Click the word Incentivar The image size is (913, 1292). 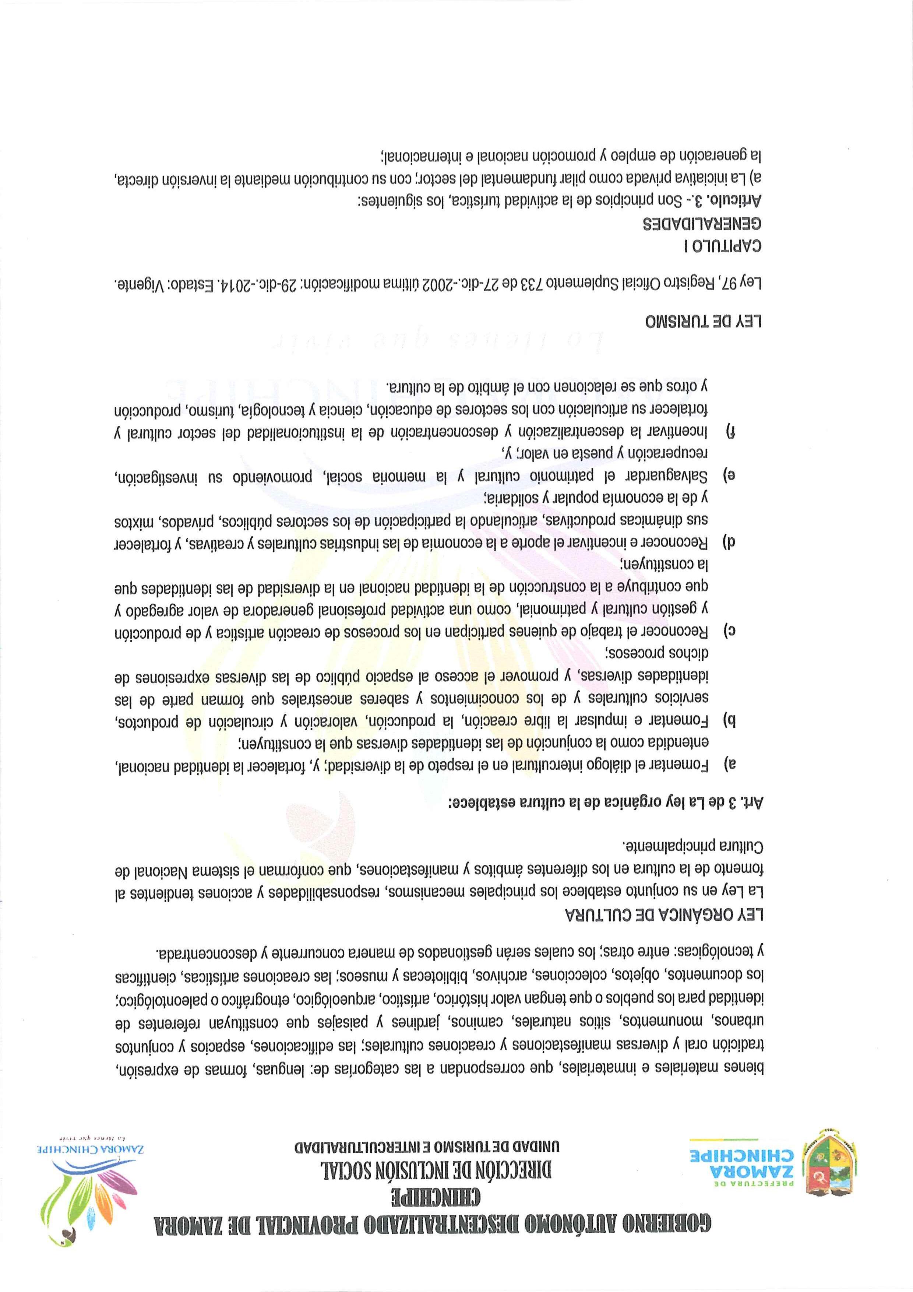675,432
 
